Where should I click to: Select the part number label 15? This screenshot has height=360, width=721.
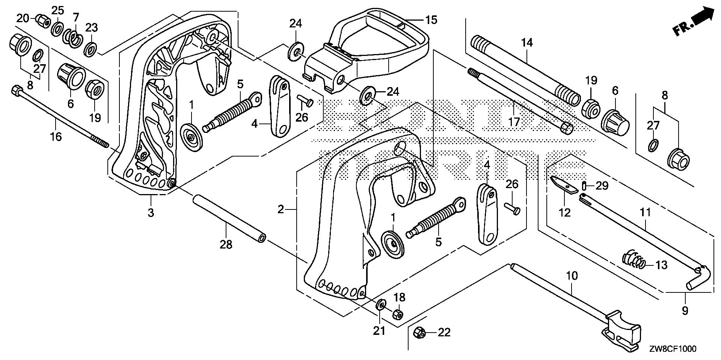click(x=431, y=20)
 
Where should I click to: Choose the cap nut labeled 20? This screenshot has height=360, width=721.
click(x=42, y=20)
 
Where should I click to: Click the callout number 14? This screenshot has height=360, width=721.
click(x=527, y=43)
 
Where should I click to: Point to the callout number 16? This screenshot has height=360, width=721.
click(x=56, y=137)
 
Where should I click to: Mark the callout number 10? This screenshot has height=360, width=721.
click(x=572, y=276)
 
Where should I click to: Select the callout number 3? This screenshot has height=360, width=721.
click(x=151, y=213)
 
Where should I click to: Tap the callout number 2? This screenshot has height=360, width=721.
click(x=281, y=209)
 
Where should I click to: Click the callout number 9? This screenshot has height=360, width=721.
click(x=685, y=310)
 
